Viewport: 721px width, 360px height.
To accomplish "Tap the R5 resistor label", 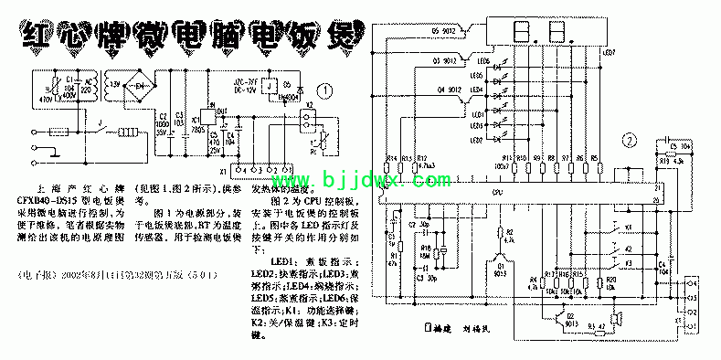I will (595, 157).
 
